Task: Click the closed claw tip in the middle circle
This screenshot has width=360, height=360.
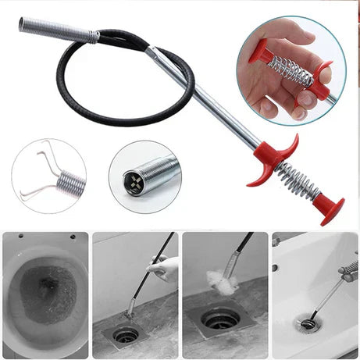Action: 132,182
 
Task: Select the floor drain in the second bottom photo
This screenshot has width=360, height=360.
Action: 126,334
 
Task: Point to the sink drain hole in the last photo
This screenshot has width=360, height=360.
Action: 308,323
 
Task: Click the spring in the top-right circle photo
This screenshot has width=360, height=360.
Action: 290,71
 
